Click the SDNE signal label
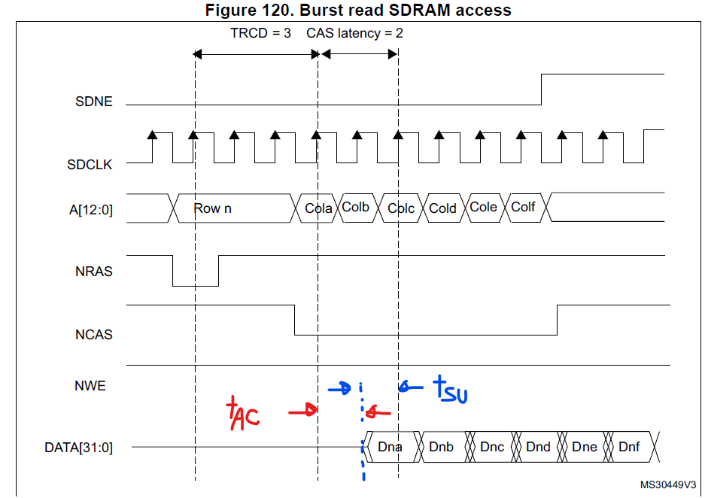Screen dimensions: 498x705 click(x=95, y=102)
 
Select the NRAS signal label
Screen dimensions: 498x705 click(x=94, y=272)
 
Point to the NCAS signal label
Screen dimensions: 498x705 click(x=94, y=334)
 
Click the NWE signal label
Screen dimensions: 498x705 click(x=90, y=386)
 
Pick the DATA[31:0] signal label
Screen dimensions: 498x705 click(x=78, y=448)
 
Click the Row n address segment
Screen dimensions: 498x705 click(x=212, y=208)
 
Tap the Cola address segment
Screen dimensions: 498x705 click(x=318, y=208)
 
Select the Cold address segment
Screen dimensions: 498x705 click(x=442, y=208)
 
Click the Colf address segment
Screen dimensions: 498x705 click(x=523, y=207)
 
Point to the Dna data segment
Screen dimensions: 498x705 click(x=390, y=447)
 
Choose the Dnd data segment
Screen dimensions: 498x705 click(x=538, y=447)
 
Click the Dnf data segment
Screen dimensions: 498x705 click(x=629, y=447)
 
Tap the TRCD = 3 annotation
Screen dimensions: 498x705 click(x=260, y=34)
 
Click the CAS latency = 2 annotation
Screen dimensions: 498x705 click(x=354, y=34)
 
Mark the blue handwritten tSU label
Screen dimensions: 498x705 click(x=450, y=389)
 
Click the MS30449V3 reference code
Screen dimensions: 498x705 click(x=668, y=485)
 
